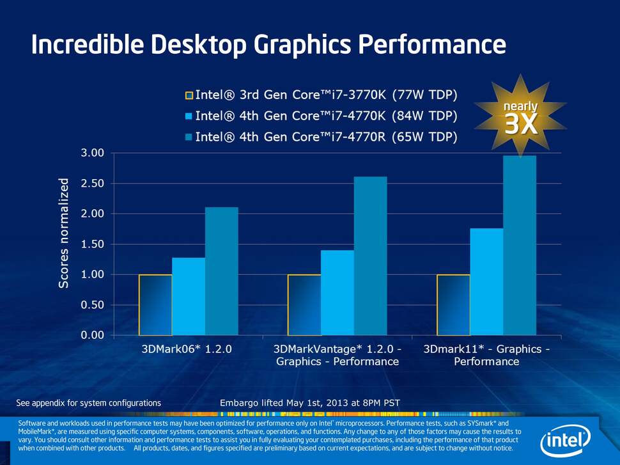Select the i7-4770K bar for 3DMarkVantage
tap(337, 292)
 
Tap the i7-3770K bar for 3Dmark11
tap(453, 304)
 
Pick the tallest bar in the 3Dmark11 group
tap(519, 246)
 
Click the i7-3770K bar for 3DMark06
tap(155, 304)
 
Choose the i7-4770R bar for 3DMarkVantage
tap(370, 256)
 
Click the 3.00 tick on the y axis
tap(91, 153)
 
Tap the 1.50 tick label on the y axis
tap(91, 244)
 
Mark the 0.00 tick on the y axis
tap(91, 335)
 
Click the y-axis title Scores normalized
tap(64, 233)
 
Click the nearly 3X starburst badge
tap(520, 116)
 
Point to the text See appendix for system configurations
tap(88, 403)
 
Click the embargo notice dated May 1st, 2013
tap(309, 403)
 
